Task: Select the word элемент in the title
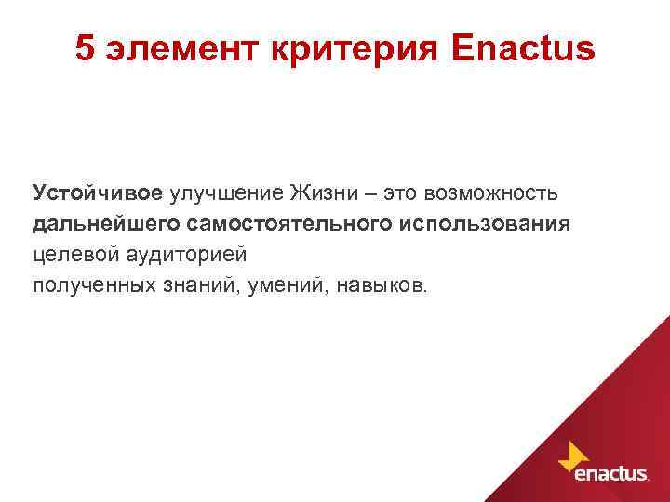pyautogui.click(x=170, y=50)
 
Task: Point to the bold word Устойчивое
pyautogui.click(x=98, y=192)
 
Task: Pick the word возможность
pyautogui.click(x=490, y=192)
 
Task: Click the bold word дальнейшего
pyautogui.click(x=106, y=224)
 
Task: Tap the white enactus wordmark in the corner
pyautogui.click(x=611, y=473)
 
